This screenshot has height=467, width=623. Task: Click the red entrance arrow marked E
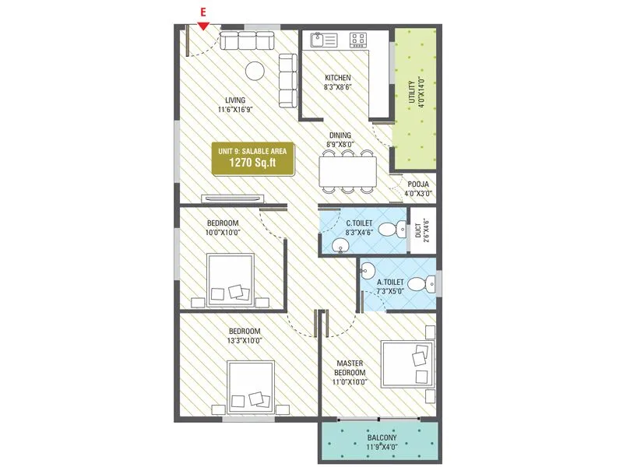click(202, 26)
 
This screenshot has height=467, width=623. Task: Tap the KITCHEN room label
click(337, 78)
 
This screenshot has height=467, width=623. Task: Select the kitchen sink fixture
click(320, 37)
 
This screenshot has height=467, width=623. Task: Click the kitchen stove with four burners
click(360, 37)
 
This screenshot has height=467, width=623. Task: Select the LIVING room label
click(235, 100)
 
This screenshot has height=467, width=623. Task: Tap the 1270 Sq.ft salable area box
click(253, 159)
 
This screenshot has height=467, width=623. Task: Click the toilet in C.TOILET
click(399, 229)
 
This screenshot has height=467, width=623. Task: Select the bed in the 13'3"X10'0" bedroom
click(252, 387)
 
